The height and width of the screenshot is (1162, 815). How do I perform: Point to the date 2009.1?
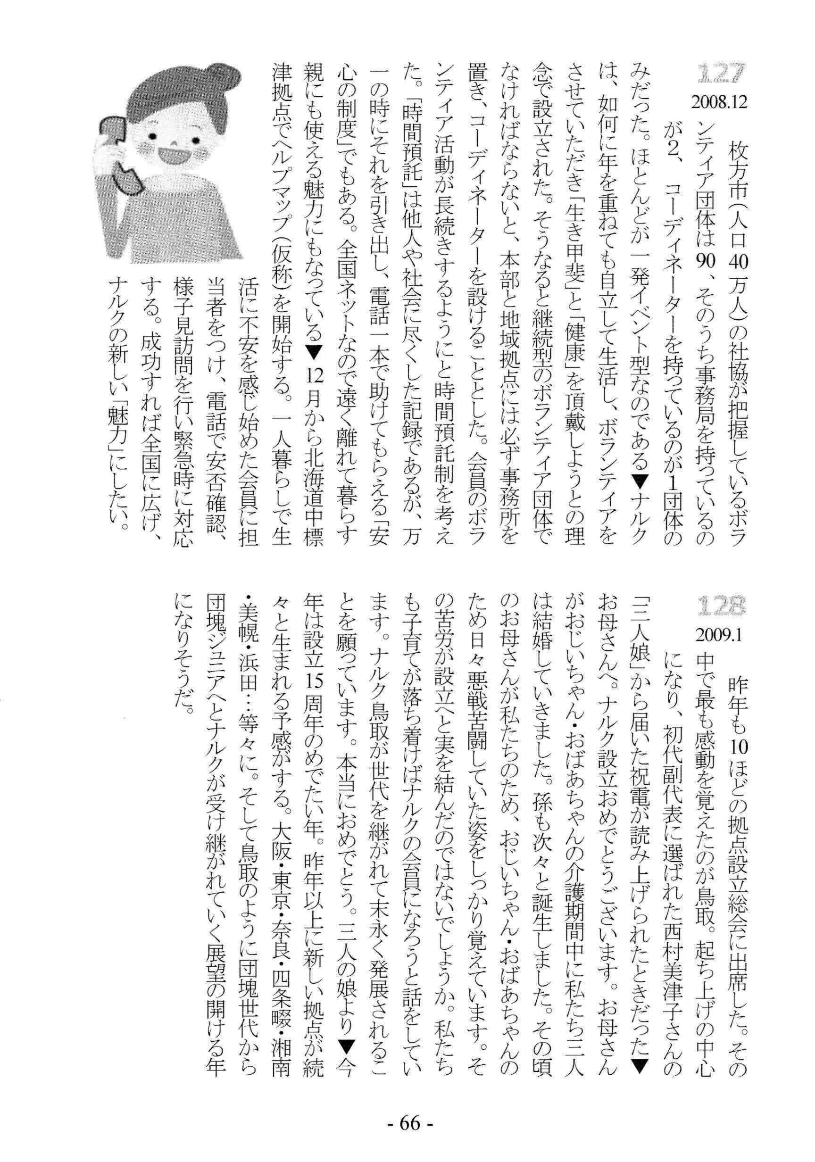coord(716,635)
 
